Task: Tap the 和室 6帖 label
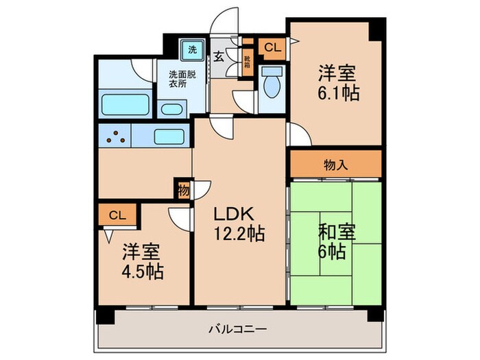(x=336, y=241)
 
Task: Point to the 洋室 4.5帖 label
(x=143, y=261)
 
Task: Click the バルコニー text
(x=239, y=328)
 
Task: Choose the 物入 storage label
(x=335, y=165)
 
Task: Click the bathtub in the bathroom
(x=125, y=105)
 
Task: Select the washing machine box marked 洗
(x=193, y=49)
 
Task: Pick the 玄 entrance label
(x=217, y=56)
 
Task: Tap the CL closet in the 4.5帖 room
(x=117, y=215)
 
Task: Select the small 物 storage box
(x=183, y=190)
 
